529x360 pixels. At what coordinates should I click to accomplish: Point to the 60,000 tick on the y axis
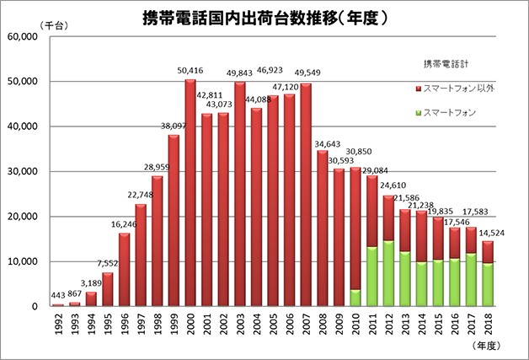pyautogui.click(x=21, y=37)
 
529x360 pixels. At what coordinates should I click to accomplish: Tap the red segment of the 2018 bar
pyautogui.click(x=489, y=252)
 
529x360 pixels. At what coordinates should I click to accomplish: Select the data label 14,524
pyautogui.click(x=491, y=232)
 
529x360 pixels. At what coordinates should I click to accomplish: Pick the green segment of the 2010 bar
pyautogui.click(x=355, y=298)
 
